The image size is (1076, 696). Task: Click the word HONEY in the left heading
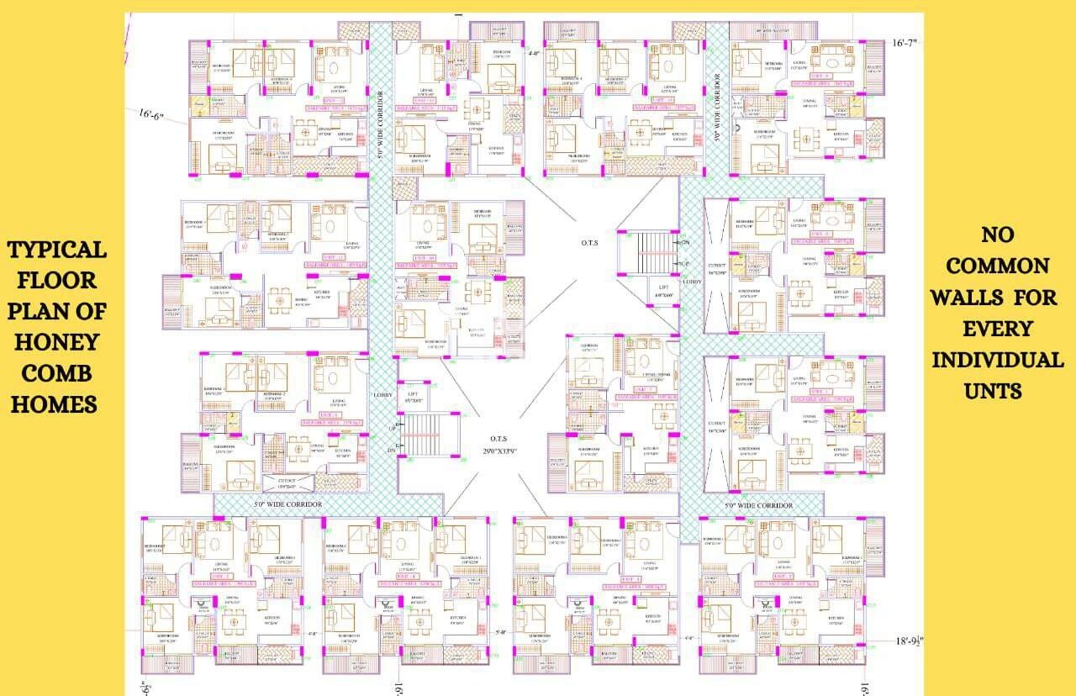[x=58, y=342]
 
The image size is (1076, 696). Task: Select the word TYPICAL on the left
[x=58, y=250]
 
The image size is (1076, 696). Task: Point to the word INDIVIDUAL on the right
[x=998, y=360]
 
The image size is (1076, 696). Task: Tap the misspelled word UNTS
[x=998, y=391]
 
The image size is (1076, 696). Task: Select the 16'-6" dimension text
[x=151, y=113]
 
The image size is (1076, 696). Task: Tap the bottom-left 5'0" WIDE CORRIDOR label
[x=288, y=504]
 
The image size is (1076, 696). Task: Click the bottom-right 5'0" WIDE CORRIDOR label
[x=758, y=505]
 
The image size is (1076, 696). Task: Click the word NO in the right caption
[x=997, y=235]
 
